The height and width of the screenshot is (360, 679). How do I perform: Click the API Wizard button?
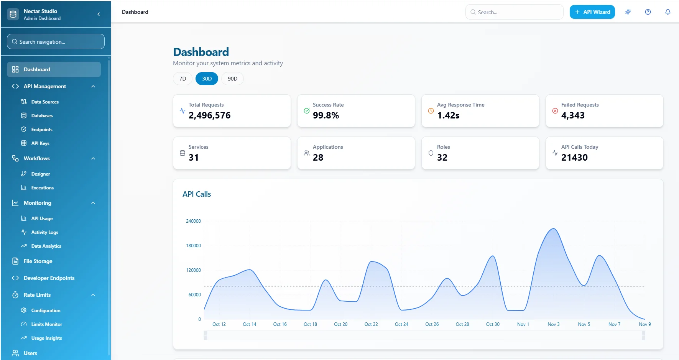pyautogui.click(x=592, y=12)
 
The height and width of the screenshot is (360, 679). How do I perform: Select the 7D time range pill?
pyautogui.click(x=182, y=79)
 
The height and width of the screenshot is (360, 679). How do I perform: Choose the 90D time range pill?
pyautogui.click(x=232, y=79)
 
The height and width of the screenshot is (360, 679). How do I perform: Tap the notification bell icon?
pyautogui.click(x=667, y=12)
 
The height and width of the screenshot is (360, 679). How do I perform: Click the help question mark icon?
pyautogui.click(x=648, y=12)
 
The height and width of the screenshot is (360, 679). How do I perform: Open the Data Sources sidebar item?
pyautogui.click(x=44, y=102)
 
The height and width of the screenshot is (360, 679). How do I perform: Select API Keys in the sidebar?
pyautogui.click(x=40, y=143)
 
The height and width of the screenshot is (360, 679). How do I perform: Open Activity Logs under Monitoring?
pyautogui.click(x=44, y=232)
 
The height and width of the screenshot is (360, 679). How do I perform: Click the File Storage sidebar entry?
pyautogui.click(x=38, y=261)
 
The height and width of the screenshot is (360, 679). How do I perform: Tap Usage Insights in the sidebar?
pyautogui.click(x=46, y=338)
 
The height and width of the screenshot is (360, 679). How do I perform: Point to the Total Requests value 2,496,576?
pyautogui.click(x=209, y=115)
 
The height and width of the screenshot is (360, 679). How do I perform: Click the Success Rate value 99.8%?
pyautogui.click(x=326, y=115)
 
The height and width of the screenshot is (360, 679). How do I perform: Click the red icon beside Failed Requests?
pyautogui.click(x=555, y=111)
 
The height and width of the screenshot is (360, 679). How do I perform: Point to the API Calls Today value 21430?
pyautogui.click(x=574, y=158)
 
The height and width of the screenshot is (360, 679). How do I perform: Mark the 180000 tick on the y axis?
pyautogui.click(x=193, y=246)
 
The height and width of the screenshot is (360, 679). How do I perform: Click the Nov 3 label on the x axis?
pyautogui.click(x=553, y=324)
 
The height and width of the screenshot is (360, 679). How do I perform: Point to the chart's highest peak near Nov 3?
pyautogui.click(x=553, y=229)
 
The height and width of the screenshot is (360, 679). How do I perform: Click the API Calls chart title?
pyautogui.click(x=197, y=194)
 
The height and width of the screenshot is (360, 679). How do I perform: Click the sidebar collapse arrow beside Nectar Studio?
pyautogui.click(x=99, y=14)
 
